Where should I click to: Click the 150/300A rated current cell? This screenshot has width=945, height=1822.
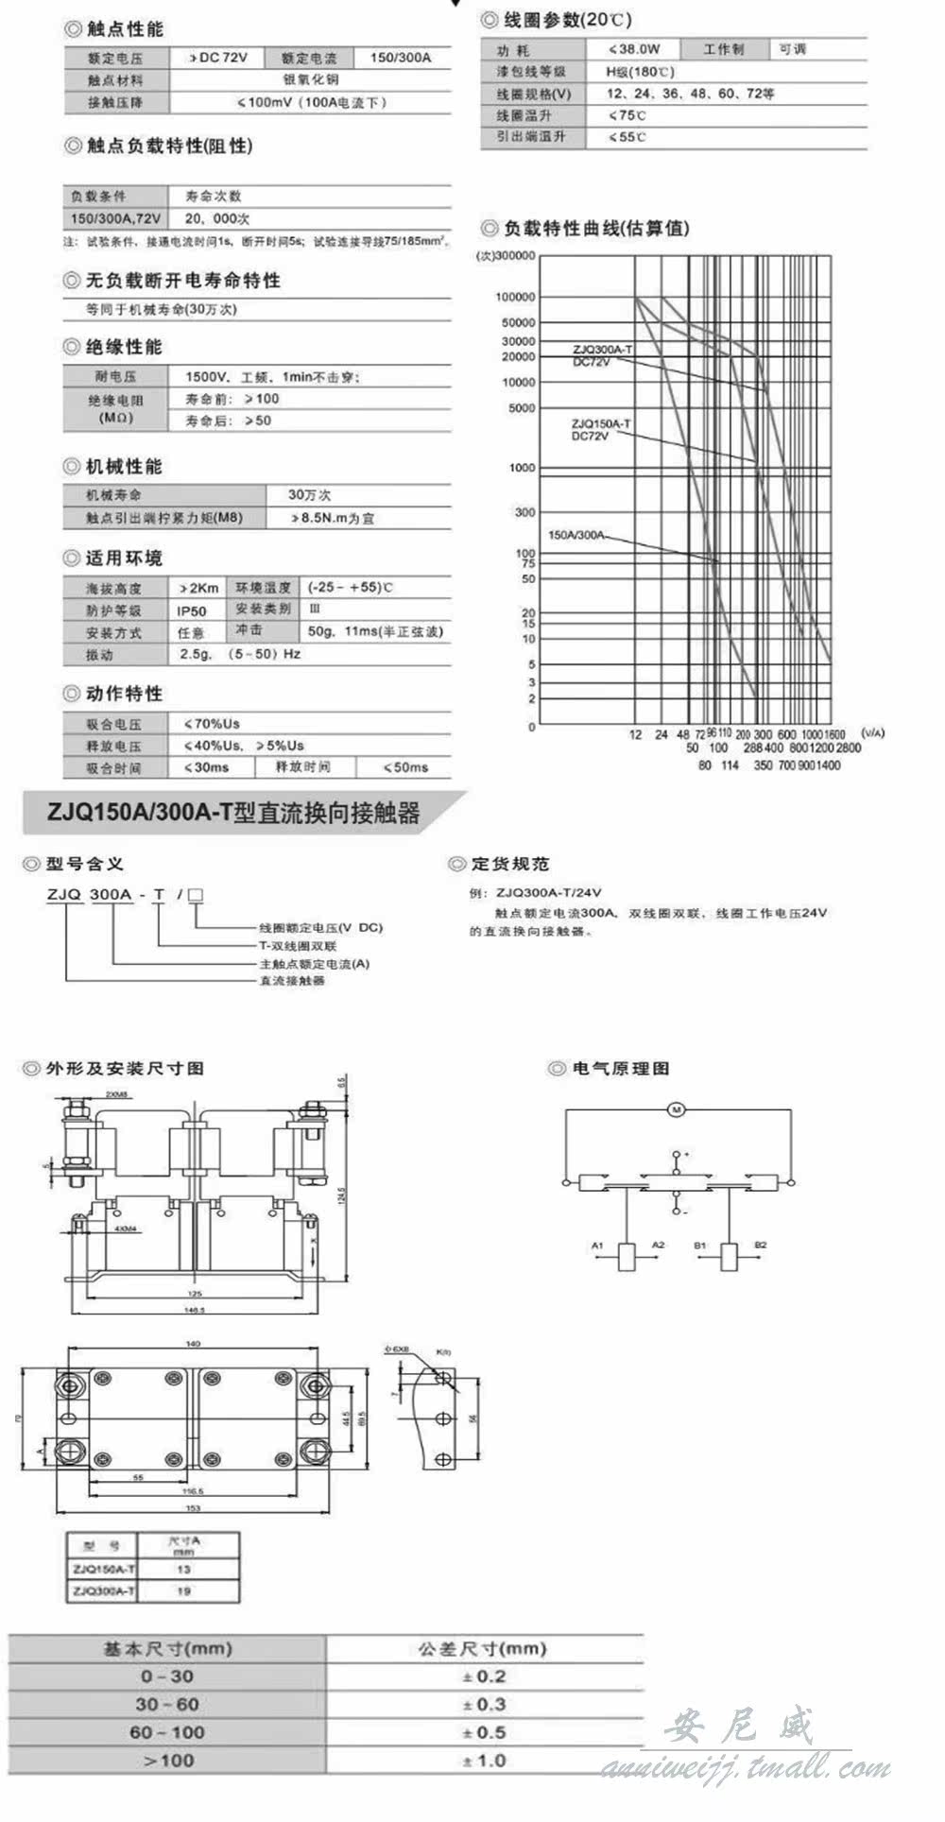coord(400,58)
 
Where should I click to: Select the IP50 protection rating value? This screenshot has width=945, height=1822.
coord(191,610)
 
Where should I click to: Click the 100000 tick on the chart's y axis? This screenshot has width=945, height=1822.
coord(515,297)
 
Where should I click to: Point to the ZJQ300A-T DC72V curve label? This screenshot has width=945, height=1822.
coord(601,355)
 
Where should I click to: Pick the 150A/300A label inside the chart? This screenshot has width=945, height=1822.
coord(576,535)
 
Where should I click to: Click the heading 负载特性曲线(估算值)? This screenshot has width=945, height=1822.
coord(596,229)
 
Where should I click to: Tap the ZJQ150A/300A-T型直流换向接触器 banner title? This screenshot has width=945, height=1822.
coord(232,814)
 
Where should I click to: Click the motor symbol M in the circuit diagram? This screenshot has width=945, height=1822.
coord(676,1109)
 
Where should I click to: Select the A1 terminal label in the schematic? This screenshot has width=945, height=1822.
coord(597,1246)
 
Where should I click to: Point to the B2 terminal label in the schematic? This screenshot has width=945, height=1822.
coord(761,1246)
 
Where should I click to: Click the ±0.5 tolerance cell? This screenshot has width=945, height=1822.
coord(485,1732)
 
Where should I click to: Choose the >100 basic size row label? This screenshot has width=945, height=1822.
coord(168,1761)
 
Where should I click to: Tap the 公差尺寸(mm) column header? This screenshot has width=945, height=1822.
coord(483,1648)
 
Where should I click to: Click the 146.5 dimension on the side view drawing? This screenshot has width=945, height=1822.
coord(194,1310)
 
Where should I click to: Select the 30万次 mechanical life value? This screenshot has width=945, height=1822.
coord(310,495)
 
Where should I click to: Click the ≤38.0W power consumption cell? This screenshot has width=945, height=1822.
coord(634,49)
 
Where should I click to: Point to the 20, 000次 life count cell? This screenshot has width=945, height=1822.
coord(217,218)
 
